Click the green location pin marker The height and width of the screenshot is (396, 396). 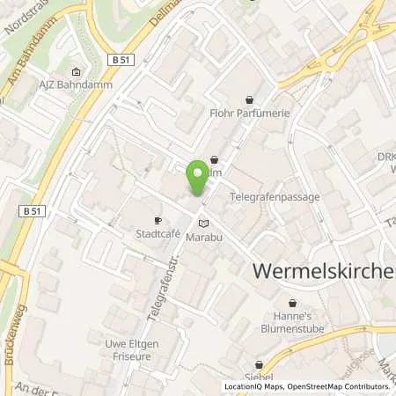tap(199, 179)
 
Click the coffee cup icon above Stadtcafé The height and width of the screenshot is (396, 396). tap(158, 221)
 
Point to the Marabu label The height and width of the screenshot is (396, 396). tap(203, 237)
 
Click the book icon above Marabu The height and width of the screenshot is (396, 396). tap(203, 223)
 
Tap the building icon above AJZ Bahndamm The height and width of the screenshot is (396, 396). tap(76, 72)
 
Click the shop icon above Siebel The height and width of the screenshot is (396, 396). tap(259, 363)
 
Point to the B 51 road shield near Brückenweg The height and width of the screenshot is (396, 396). tap(33, 211)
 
